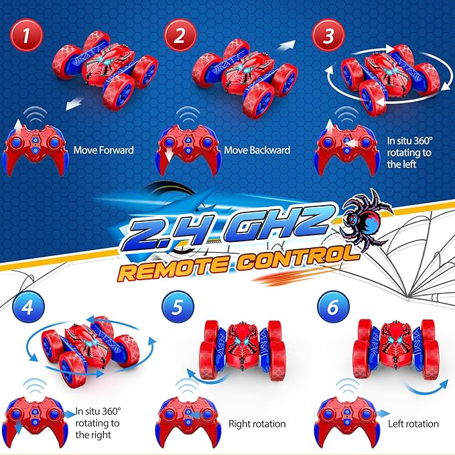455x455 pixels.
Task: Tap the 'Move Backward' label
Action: click(257, 150)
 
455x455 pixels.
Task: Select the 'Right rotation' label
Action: click(257, 424)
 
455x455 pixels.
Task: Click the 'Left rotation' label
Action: click(413, 424)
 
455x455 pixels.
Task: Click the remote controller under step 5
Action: click(188, 418)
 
